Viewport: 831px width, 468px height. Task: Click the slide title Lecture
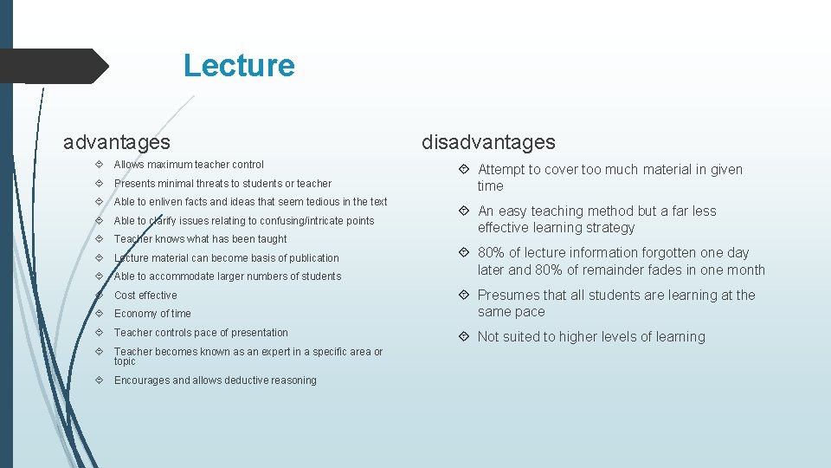pos(239,66)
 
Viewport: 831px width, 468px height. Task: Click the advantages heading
pos(117,141)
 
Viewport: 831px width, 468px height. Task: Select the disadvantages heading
pos(488,142)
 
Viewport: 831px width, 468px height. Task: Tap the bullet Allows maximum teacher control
pos(189,165)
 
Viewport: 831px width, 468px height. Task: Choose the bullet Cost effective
pos(145,296)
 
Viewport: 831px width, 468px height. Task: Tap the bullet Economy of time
pos(152,314)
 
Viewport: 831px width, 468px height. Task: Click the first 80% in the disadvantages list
pos(492,253)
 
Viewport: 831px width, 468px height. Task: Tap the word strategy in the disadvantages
pos(609,228)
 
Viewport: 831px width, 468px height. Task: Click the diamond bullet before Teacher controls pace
pos(101,333)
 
